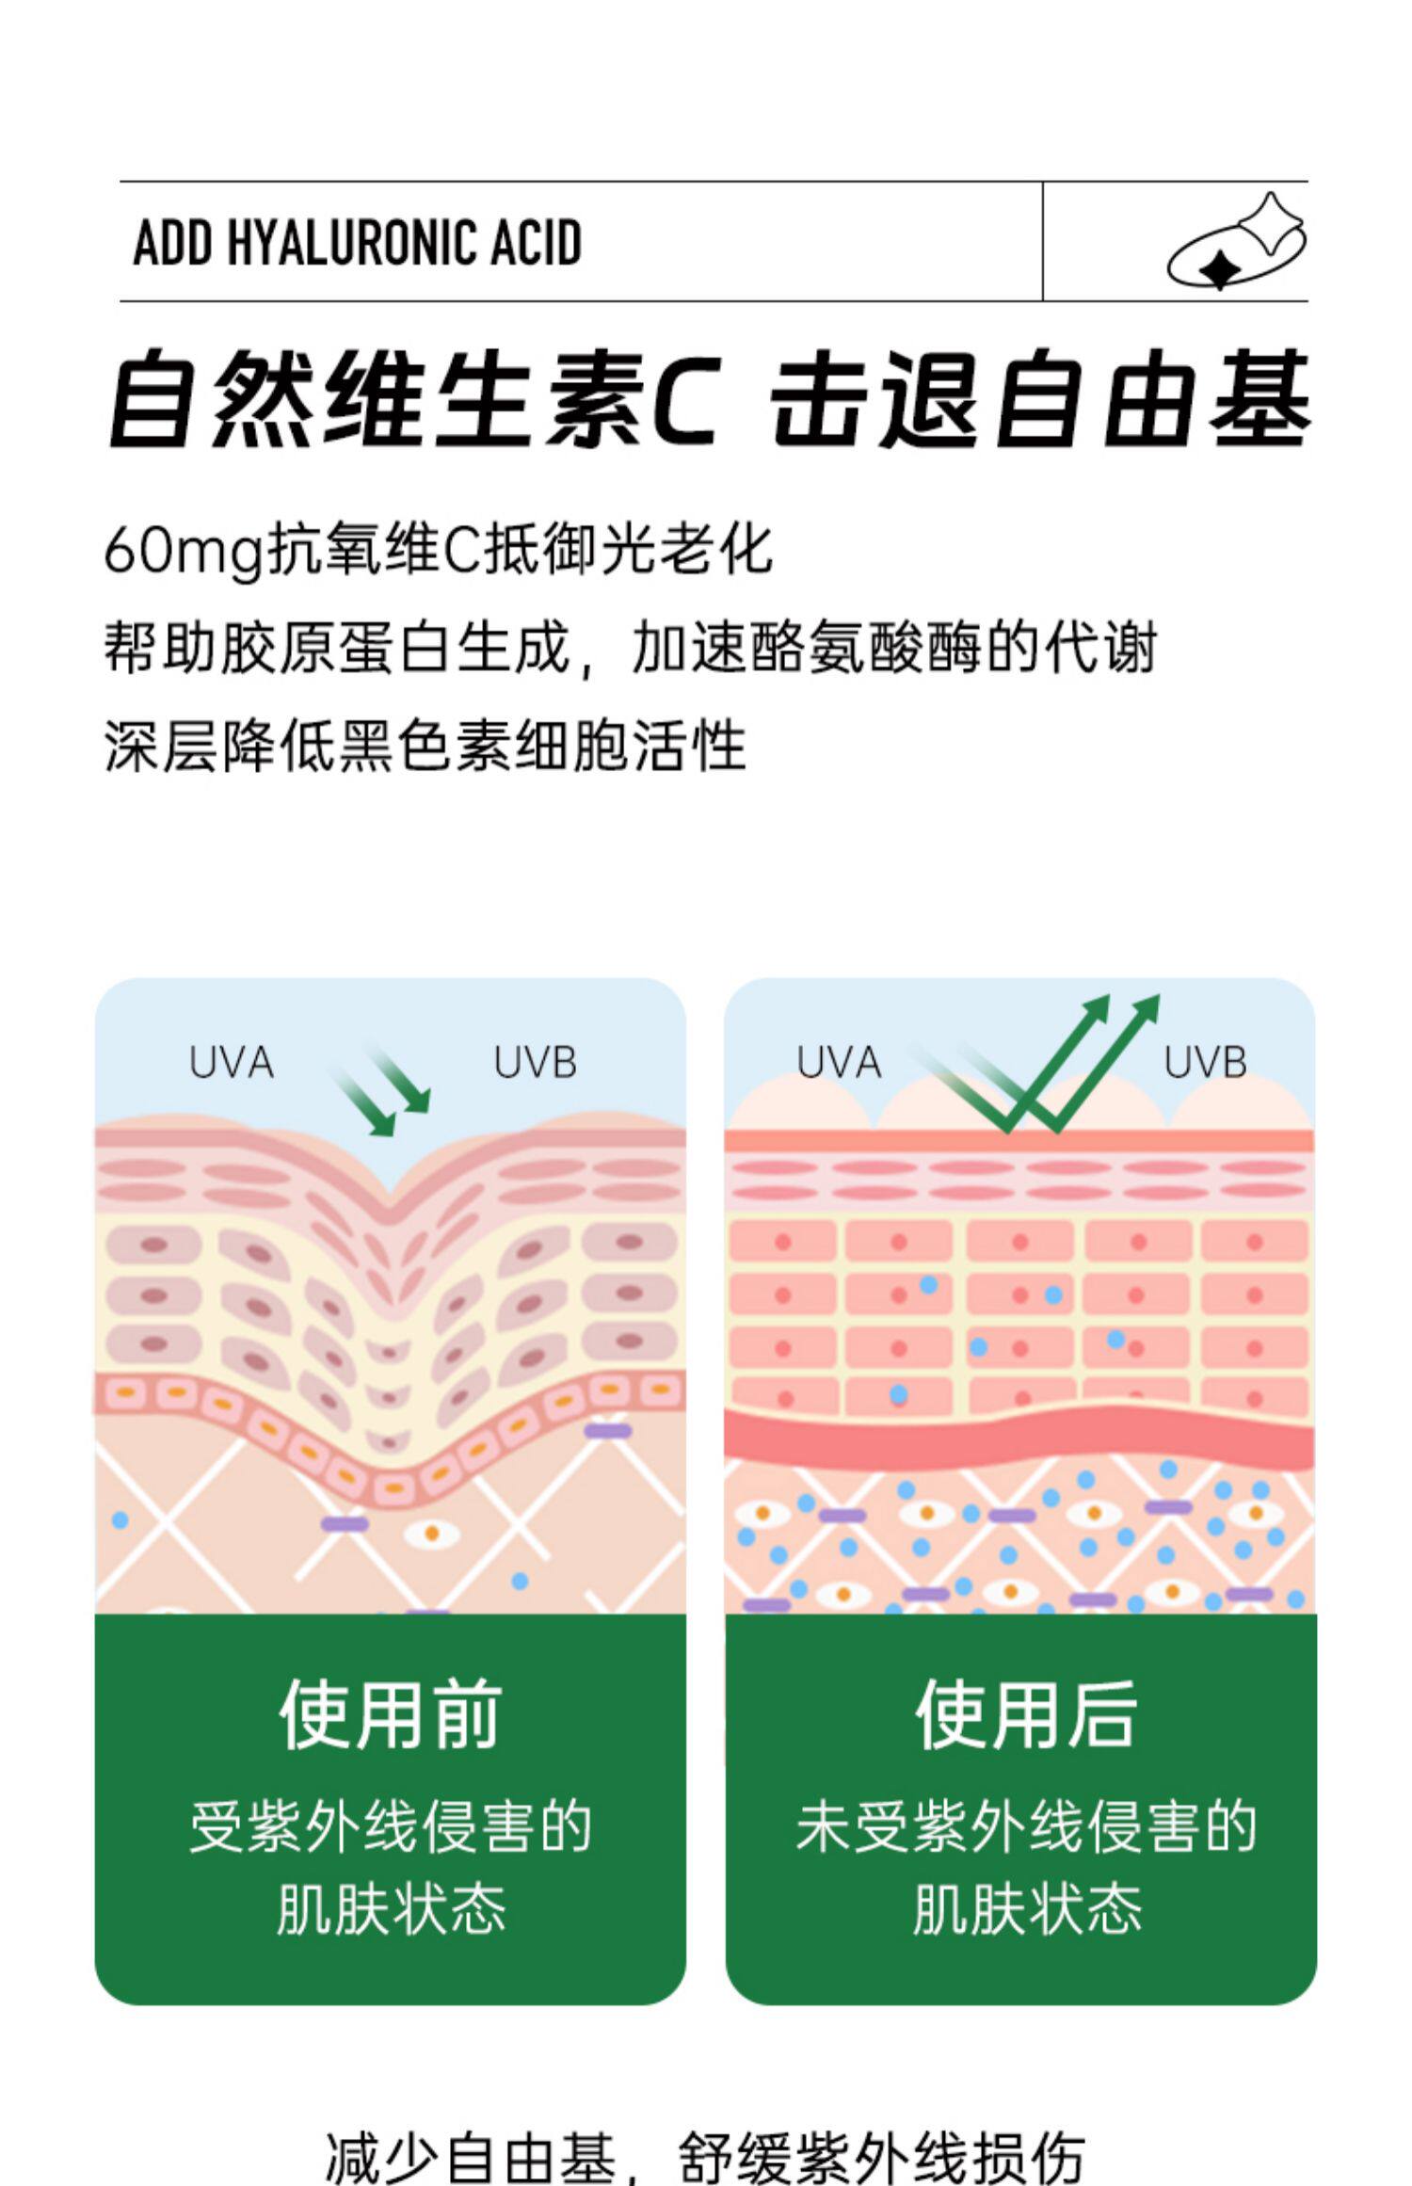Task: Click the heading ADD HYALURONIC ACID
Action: pos(358,242)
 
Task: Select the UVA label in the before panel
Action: pos(232,1063)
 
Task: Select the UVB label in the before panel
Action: pos(536,1063)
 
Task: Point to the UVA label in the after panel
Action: pos(839,1063)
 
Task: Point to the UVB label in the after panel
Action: pos(1205,1063)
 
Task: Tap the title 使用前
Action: pos(390,1714)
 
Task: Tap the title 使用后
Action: pos(1026,1714)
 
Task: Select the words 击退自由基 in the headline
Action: pos(1040,398)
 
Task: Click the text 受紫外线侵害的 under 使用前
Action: pos(390,1827)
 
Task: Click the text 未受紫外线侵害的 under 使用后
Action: pos(1026,1827)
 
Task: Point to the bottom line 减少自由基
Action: pos(471,2156)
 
